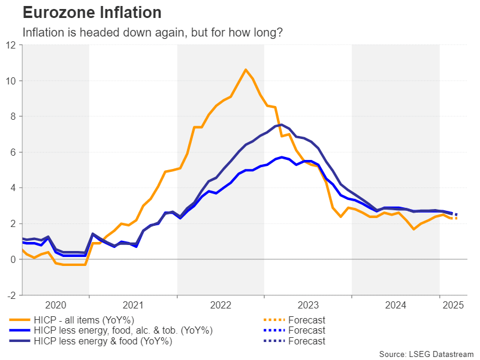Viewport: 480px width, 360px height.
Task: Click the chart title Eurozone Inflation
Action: [x=92, y=13]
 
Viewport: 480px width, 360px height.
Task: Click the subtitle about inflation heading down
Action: [x=153, y=32]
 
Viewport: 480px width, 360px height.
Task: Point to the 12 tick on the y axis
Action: [x=11, y=45]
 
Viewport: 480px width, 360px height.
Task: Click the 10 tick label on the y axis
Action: [x=11, y=81]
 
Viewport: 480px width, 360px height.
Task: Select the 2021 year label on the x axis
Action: [x=133, y=305]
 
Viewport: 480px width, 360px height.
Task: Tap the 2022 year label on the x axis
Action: [x=221, y=305]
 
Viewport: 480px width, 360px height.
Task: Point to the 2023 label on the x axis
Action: [x=308, y=305]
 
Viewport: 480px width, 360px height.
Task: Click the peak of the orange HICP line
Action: [x=246, y=69]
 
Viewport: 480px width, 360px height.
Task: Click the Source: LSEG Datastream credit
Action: [x=426, y=354]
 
